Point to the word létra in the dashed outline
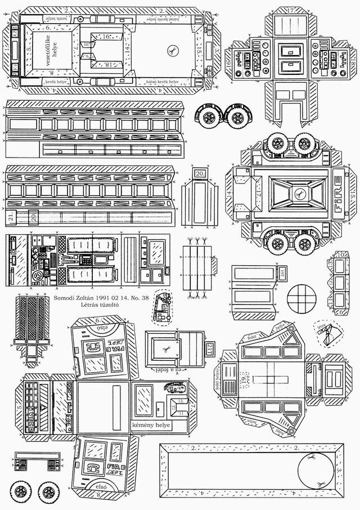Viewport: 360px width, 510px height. pyautogui.click(x=322, y=325)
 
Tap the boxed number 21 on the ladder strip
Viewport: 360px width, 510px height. pyautogui.click(x=11, y=217)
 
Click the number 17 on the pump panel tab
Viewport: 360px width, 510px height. pyautogui.click(x=291, y=10)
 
